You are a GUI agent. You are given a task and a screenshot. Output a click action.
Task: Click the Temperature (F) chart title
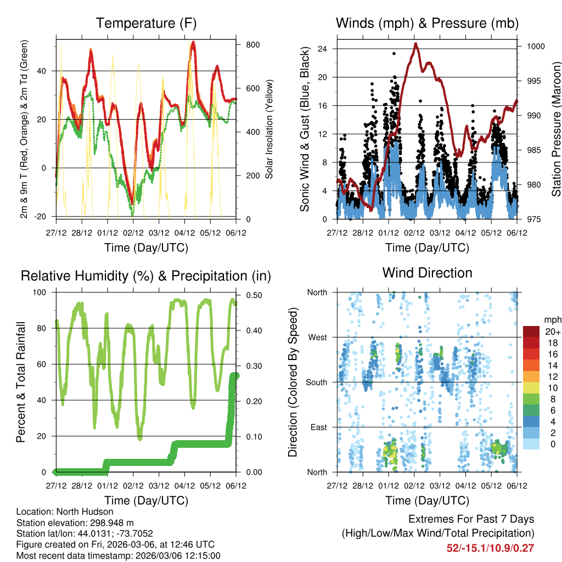pos(146,24)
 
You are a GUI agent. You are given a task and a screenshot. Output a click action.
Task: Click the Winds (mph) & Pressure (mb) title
pos(427,24)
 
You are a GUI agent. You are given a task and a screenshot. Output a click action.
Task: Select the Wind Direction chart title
pos(427,273)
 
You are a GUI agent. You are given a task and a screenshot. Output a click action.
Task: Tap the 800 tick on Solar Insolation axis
pos(252,44)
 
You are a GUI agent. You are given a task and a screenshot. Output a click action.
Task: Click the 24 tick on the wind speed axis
pos(323,49)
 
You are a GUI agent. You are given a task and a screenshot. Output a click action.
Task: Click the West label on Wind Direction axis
pos(317,337)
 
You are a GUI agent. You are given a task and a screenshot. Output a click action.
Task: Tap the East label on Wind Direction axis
pos(318,427)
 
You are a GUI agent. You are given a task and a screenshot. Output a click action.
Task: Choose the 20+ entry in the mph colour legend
pos(552,331)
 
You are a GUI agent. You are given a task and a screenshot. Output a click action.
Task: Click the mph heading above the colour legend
pos(552,319)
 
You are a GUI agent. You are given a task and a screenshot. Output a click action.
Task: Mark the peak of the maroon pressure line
pos(416,44)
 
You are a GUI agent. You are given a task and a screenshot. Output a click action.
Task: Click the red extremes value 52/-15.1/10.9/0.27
pos(490,548)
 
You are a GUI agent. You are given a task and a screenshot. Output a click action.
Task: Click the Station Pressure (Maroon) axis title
pos(555,128)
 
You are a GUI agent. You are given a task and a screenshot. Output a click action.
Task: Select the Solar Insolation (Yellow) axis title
pos(269,128)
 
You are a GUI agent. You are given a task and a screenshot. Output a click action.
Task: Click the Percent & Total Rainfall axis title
pos(21,381)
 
